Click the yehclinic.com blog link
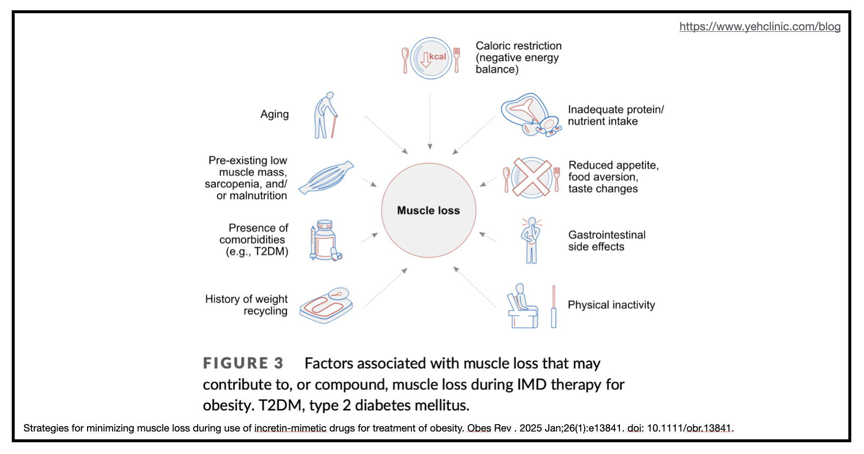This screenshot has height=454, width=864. pyautogui.click(x=760, y=26)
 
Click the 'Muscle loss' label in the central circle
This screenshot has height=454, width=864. pyautogui.click(x=428, y=210)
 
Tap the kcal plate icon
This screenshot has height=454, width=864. pyautogui.click(x=431, y=58)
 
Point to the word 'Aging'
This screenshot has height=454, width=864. pyautogui.click(x=274, y=114)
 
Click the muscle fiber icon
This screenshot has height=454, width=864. pyautogui.click(x=326, y=177)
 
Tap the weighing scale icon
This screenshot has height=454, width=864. pyautogui.click(x=326, y=305)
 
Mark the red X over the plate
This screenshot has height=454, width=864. pyautogui.click(x=532, y=177)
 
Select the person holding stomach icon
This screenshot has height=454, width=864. pyautogui.click(x=531, y=240)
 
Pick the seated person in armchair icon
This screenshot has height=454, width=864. pyautogui.click(x=523, y=306)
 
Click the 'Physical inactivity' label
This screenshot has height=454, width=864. pyautogui.click(x=611, y=305)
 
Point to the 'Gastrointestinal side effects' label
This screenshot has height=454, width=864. pyautogui.click(x=607, y=241)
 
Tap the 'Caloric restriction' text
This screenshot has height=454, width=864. pyautogui.click(x=519, y=46)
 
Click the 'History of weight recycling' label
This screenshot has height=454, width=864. pyautogui.click(x=246, y=305)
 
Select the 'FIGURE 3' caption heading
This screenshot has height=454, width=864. pyautogui.click(x=243, y=363)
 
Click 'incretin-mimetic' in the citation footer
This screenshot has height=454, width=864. pyautogui.click(x=290, y=428)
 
